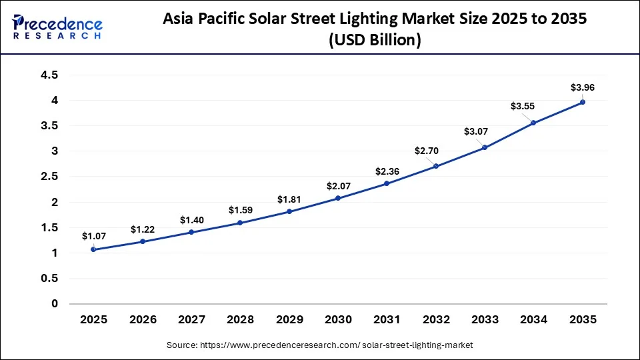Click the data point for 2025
(x=93, y=249)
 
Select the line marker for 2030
(x=338, y=198)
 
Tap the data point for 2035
(x=583, y=102)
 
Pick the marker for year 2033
(x=485, y=147)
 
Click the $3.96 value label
(x=582, y=87)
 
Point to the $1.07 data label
(x=93, y=235)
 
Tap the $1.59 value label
(x=240, y=210)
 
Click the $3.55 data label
(x=523, y=106)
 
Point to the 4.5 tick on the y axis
(x=49, y=75)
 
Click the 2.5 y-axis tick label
(x=49, y=177)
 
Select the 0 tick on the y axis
(x=54, y=304)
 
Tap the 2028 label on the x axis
(x=240, y=320)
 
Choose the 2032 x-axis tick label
(x=436, y=320)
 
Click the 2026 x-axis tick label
(x=142, y=320)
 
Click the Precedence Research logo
(x=57, y=27)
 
